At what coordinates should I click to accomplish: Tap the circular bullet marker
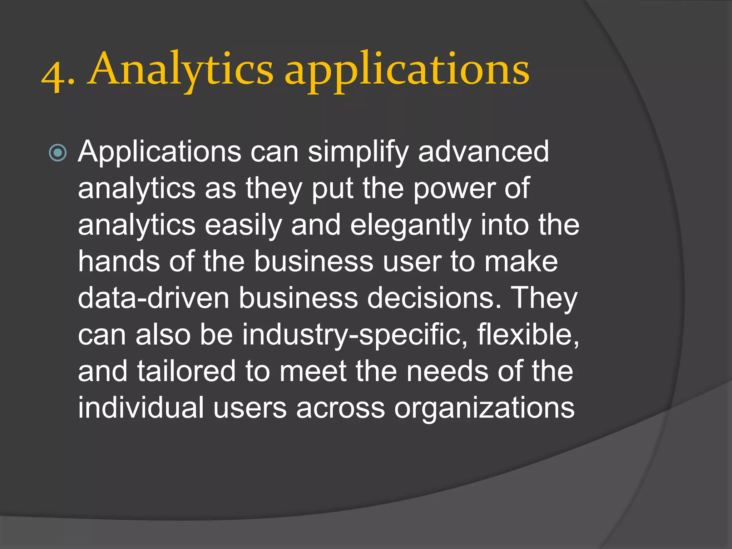click(58, 153)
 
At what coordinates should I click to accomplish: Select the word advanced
click(483, 152)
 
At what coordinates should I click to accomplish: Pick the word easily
click(243, 226)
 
